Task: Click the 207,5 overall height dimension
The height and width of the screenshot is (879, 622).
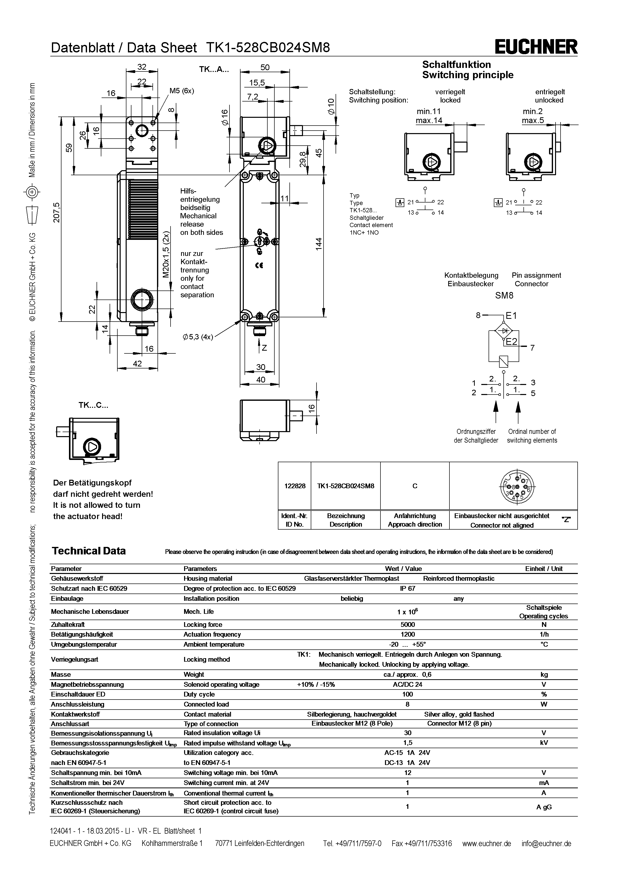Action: [x=57, y=213]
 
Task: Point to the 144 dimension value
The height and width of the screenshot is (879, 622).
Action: [x=319, y=244]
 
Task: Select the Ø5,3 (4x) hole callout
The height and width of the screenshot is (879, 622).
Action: [x=198, y=337]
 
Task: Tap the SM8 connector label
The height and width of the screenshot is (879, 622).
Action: [x=504, y=295]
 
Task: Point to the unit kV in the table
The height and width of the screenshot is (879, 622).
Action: [x=543, y=743]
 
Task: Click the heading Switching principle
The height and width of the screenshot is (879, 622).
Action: [x=468, y=75]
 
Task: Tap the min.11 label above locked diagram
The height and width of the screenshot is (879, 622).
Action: [x=429, y=111]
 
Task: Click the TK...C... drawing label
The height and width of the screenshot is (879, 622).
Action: [x=94, y=405]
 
